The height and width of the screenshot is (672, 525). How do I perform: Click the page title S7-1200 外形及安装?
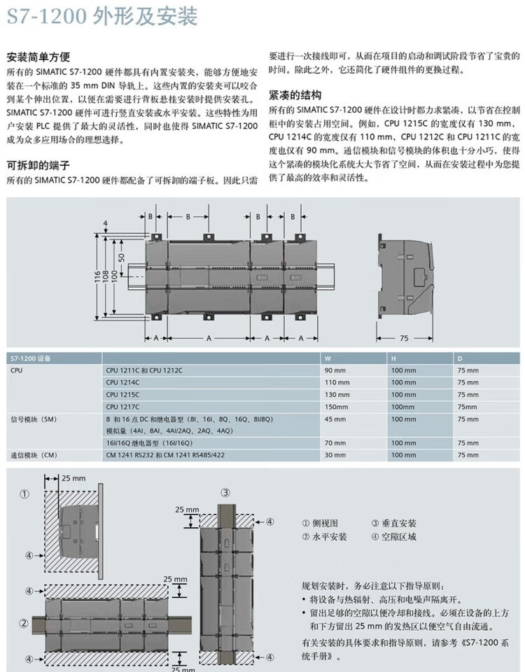102,17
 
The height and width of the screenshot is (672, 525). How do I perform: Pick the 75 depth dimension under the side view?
403,338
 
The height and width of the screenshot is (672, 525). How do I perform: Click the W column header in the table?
326,358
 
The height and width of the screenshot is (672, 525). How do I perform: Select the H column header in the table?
393,358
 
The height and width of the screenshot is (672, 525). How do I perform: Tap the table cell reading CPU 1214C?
122,382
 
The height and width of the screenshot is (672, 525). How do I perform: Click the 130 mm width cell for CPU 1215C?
335,394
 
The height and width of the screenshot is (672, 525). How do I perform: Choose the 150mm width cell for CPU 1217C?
335,407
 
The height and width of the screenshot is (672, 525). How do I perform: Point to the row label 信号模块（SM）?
33,419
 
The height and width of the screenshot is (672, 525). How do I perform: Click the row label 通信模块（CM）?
33,456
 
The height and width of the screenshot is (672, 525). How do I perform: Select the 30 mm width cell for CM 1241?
334,456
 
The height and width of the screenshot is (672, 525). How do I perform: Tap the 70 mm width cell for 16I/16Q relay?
334,443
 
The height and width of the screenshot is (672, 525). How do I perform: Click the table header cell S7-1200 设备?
30,358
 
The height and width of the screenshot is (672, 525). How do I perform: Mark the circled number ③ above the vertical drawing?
225,492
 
